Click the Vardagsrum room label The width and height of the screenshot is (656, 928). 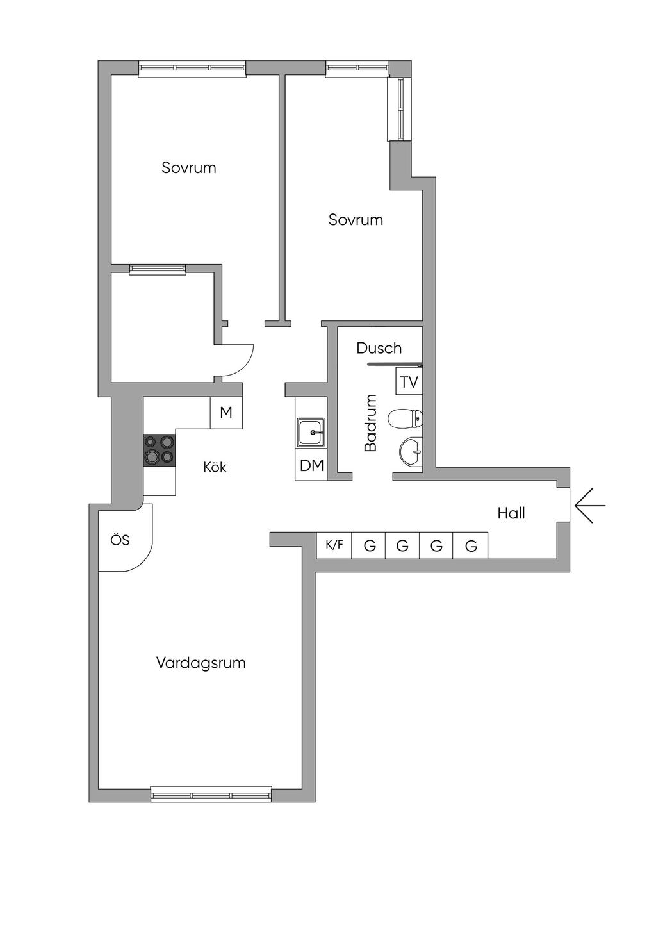[201, 663]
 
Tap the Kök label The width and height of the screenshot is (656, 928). [215, 467]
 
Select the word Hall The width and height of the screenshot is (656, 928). [511, 513]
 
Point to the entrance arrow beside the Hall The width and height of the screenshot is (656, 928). [590, 506]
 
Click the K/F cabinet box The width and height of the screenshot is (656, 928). [334, 545]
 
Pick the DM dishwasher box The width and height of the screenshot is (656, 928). [311, 466]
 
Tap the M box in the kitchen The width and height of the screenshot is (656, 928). [226, 413]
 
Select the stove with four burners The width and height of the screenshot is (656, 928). [160, 451]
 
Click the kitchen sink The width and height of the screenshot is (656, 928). [311, 433]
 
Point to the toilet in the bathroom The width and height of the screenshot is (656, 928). [405, 419]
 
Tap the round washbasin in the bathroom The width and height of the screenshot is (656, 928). [411, 451]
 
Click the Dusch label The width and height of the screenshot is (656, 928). [379, 348]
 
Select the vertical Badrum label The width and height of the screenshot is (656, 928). [371, 422]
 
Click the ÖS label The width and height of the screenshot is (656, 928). [120, 540]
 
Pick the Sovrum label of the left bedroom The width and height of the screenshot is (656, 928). [189, 168]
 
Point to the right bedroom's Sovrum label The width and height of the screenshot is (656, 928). [356, 220]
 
